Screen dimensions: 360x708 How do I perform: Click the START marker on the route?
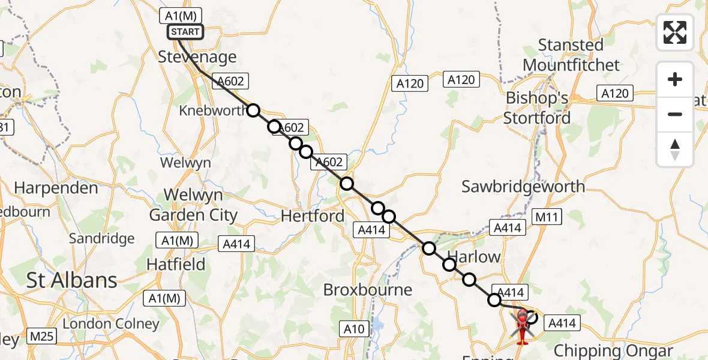click(x=185, y=32)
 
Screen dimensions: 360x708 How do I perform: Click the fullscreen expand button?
click(x=675, y=32)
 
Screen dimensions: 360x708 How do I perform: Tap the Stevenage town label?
click(x=197, y=57)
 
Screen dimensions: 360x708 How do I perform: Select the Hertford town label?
click(x=313, y=216)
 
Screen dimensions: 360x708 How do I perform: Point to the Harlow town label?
click(x=474, y=257)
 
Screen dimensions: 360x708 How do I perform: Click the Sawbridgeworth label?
click(x=523, y=187)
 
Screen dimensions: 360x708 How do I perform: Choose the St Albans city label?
click(x=71, y=280)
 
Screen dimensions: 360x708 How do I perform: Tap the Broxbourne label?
click(x=367, y=290)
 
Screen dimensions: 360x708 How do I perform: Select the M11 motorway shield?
click(x=547, y=217)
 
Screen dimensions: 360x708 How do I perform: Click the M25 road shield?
click(x=41, y=337)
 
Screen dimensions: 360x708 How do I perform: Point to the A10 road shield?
click(x=353, y=329)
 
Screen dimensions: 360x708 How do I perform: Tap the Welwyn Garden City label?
click(x=193, y=205)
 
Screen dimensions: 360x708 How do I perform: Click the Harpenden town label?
click(x=56, y=188)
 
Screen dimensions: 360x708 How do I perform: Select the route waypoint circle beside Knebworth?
click(x=253, y=110)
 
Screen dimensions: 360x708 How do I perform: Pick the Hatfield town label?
click(x=176, y=265)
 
